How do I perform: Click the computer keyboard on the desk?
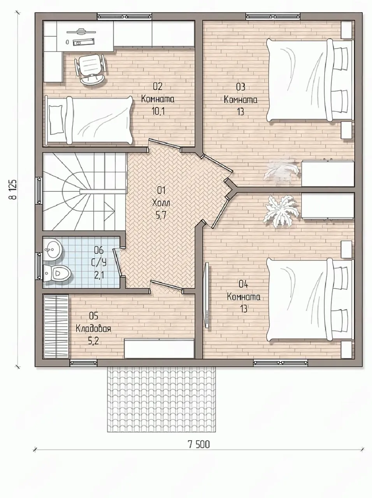[x=84, y=42]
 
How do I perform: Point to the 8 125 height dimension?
[x=13, y=189]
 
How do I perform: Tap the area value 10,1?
[x=158, y=111]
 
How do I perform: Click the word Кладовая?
[x=93, y=329]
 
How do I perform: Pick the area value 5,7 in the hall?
[x=161, y=215]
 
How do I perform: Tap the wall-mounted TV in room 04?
[x=206, y=295]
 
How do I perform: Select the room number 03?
[x=240, y=87]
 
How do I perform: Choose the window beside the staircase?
[x=39, y=191]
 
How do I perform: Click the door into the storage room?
[x=167, y=286]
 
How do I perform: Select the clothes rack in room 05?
[x=56, y=326]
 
